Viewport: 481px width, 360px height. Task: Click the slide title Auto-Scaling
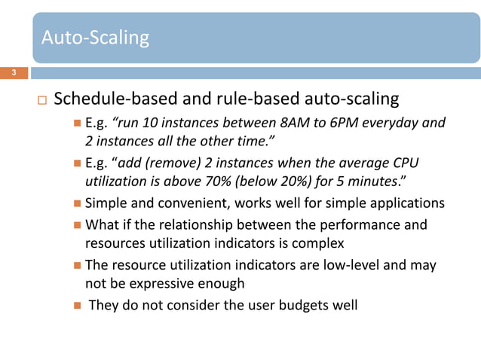click(95, 37)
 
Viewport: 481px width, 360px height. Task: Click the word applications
click(407, 204)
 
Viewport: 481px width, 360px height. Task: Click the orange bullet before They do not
click(79, 306)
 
